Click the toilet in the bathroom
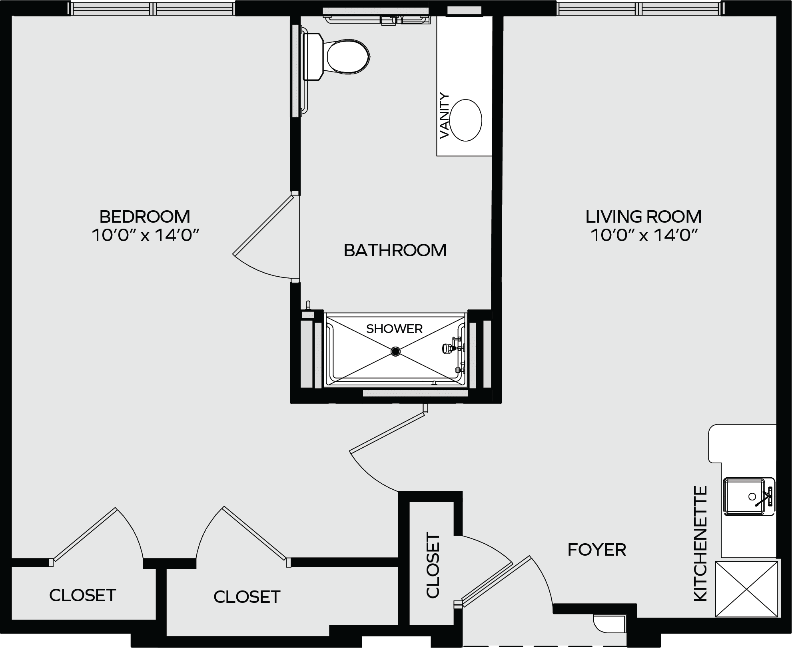tap(336, 56)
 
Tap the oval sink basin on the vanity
tap(466, 120)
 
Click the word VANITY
tap(444, 116)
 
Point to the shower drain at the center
tap(395, 351)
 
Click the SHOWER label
tap(394, 329)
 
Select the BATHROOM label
tap(395, 250)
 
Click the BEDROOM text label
tap(145, 217)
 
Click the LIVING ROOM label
tap(644, 217)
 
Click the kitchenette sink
tap(748, 496)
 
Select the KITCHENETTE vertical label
tap(700, 543)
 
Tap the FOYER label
tap(597, 550)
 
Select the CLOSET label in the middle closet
tap(247, 597)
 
